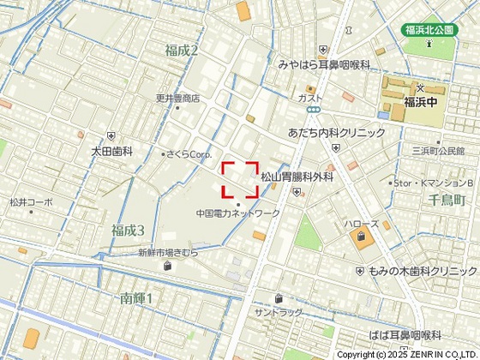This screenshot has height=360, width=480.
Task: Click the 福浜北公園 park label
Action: click(435, 30)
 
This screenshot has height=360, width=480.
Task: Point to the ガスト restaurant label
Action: click(309, 99)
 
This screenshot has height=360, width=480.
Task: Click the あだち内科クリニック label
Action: click(337, 134)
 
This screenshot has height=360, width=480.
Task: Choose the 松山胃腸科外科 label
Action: click(297, 177)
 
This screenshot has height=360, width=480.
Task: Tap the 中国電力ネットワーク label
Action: click(237, 213)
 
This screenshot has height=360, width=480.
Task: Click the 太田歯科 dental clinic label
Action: click(112, 151)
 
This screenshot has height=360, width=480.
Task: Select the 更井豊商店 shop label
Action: click(177, 99)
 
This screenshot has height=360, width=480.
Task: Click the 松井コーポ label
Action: click(31, 202)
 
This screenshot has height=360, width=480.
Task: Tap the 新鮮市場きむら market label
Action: click(167, 253)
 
